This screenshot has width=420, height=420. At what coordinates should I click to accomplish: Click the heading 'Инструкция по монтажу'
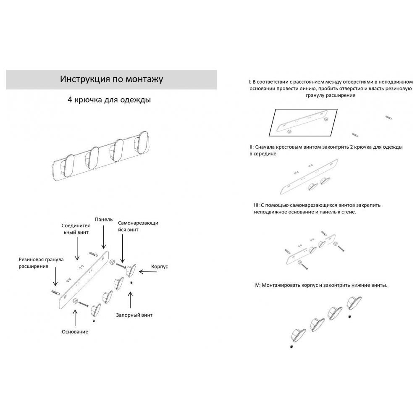pyautogui.click(x=111, y=79)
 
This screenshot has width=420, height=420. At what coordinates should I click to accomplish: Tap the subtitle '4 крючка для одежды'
pyautogui.click(x=109, y=100)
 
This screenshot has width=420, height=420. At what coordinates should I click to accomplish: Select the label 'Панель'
pyautogui.click(x=104, y=219)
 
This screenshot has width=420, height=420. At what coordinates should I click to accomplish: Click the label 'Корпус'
pyautogui.click(x=159, y=267)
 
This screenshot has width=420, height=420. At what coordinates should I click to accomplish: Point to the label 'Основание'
pyautogui.click(x=75, y=332)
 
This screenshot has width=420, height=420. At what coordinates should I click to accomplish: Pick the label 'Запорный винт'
pyautogui.click(x=134, y=315)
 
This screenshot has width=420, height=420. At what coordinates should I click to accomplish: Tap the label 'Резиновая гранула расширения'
pyautogui.click(x=41, y=263)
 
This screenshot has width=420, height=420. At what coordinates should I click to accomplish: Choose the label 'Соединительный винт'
pyautogui.click(x=76, y=229)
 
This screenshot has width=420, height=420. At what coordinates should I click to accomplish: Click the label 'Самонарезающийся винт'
pyautogui.click(x=138, y=226)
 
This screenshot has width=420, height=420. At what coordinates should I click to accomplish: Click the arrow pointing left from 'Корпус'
pyautogui.click(x=148, y=272)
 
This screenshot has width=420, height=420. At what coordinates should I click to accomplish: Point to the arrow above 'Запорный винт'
pyautogui.click(x=131, y=300)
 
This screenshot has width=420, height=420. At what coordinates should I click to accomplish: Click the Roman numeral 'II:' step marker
pyautogui.click(x=251, y=147)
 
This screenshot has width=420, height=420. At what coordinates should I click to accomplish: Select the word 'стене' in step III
pyautogui.click(x=349, y=212)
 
